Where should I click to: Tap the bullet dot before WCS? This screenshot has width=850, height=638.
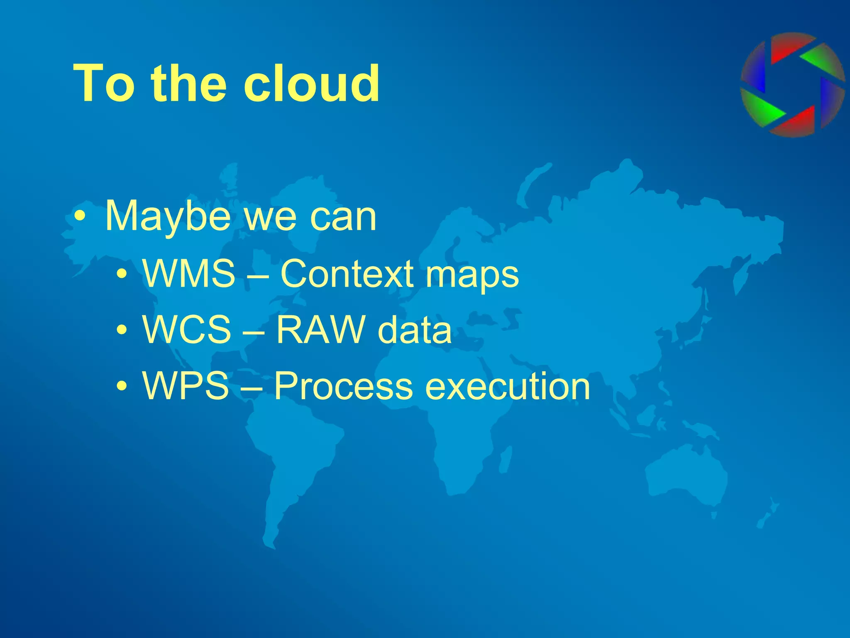121,330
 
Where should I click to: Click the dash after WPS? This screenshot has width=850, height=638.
251,388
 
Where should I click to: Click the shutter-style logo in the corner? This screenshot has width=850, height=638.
792,85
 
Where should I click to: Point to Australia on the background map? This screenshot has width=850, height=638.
685,474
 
